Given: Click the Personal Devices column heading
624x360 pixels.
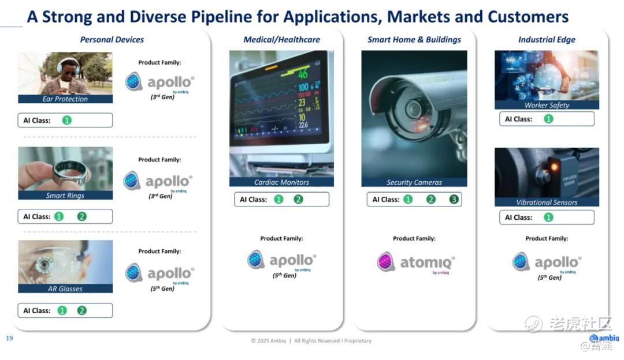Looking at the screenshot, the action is (112, 40).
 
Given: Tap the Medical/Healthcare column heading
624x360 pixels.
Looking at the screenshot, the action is (282, 40).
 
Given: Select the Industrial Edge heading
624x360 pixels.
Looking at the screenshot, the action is (547, 40).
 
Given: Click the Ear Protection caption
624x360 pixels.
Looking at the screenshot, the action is (65, 99).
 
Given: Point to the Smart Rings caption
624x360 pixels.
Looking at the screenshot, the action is (65, 196).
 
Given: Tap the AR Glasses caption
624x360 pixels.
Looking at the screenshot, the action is (65, 289).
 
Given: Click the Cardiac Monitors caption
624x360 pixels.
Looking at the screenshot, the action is (282, 182).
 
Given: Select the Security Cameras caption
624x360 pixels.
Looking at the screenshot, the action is (414, 182).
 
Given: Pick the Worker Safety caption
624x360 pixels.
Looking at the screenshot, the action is (547, 106).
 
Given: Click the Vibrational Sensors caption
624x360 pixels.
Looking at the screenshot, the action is (547, 202).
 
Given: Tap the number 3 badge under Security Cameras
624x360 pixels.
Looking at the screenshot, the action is (454, 200).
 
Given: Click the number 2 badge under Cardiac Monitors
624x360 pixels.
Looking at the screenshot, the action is (298, 200).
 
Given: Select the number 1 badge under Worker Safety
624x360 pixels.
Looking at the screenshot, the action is (548, 119).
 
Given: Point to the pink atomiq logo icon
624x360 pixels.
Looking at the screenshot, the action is (385, 262).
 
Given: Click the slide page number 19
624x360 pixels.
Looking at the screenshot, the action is (9, 338).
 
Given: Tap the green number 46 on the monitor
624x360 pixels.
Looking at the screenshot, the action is (303, 73).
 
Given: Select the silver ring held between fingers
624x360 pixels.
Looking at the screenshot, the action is (69, 174).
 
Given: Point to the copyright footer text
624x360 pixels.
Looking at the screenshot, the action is (311, 341).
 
